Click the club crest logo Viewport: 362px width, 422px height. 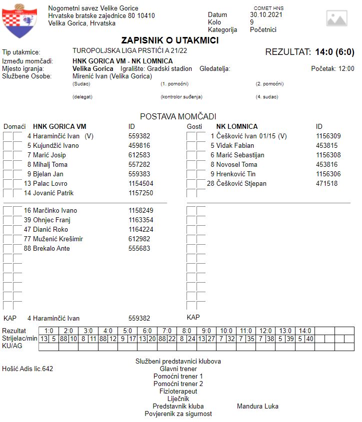(19, 20)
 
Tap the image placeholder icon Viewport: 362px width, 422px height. (336, 18)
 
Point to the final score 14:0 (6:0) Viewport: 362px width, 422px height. (334, 52)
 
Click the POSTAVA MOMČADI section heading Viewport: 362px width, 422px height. (178, 116)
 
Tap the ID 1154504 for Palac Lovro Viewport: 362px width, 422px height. (141, 183)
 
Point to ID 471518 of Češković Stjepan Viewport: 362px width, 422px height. (326, 183)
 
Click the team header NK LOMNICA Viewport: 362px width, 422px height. (236, 126)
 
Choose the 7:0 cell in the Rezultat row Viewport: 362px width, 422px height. (166, 331)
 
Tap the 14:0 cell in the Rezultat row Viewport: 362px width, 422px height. (304, 331)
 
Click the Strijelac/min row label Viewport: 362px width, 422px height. (20, 339)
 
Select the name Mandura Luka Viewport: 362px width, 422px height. (257, 406)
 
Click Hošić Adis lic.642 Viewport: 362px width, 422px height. (28, 369)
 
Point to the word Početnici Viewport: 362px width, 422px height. (263, 29)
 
